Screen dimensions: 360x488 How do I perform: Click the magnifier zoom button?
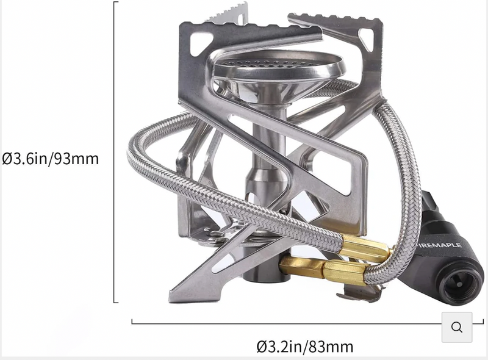(457, 327)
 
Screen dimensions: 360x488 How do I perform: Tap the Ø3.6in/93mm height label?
(50, 159)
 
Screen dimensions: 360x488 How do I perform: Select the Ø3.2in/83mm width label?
(304, 347)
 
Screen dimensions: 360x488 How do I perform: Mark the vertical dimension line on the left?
(115, 153)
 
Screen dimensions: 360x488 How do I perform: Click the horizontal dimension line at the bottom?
(287, 322)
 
